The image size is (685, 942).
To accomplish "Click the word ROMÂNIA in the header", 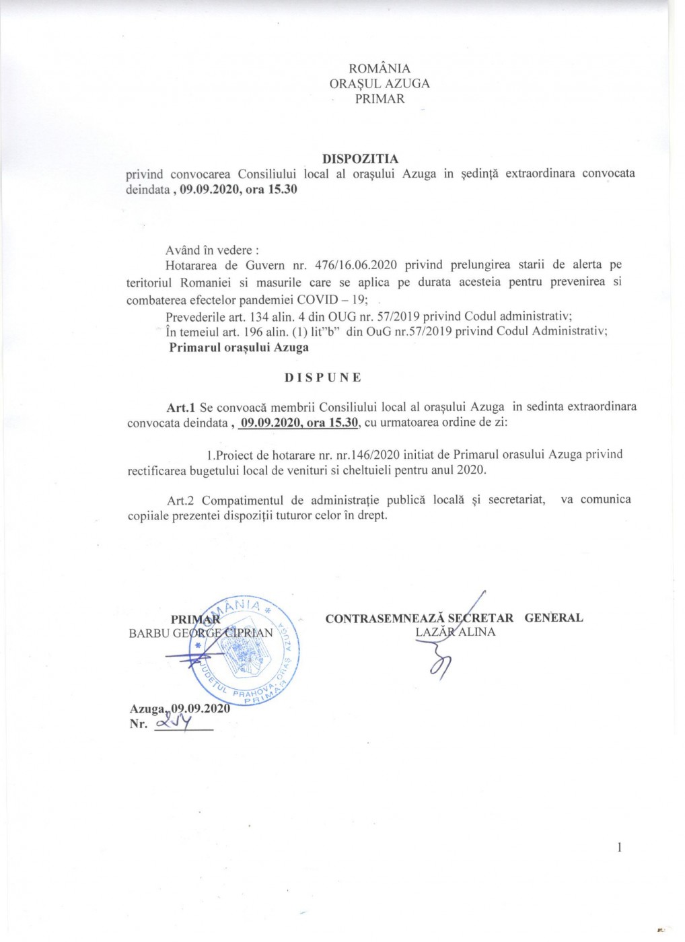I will click(380, 68).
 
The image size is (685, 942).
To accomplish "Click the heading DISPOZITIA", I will click(360, 159).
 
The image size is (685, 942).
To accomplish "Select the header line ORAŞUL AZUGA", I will click(380, 83).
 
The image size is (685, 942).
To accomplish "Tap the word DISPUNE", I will click(322, 377).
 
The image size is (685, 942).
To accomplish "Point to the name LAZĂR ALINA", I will click(455, 632).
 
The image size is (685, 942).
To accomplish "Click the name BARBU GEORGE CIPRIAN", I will click(201, 632).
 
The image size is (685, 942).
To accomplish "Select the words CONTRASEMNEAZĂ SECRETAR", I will click(419, 618).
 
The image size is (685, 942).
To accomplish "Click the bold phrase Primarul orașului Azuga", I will click(239, 348).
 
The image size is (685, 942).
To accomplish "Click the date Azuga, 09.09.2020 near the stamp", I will click(180, 709).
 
